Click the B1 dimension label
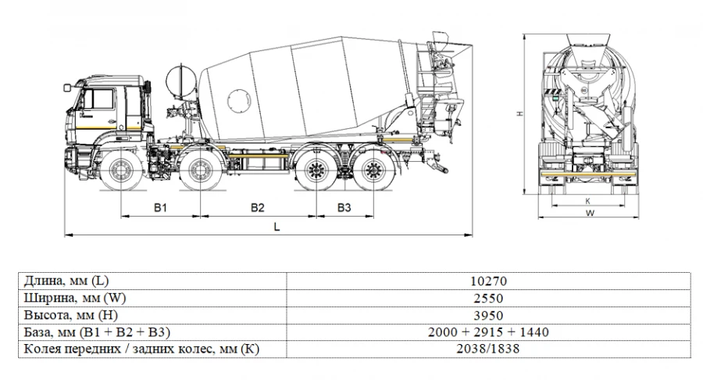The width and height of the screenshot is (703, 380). (160, 207)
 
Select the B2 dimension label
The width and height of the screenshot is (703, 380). (258, 207)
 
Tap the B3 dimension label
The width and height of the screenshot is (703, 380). (344, 207)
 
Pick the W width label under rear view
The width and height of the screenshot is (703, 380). (591, 212)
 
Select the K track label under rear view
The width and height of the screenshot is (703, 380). (587, 200)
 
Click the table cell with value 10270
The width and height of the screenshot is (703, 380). (488, 281)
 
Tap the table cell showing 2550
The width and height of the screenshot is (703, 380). (488, 298)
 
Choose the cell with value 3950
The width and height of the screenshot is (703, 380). (488, 315)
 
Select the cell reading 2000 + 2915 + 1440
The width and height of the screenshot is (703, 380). (488, 332)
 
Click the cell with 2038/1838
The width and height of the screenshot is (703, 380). (488, 349)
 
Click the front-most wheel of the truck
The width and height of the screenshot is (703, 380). (121, 172)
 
